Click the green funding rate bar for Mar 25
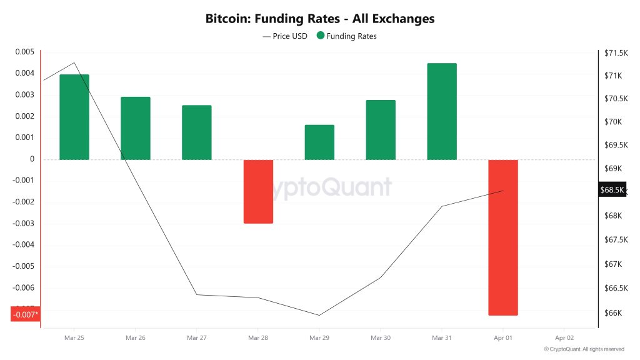coord(74,117)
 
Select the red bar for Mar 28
coord(258,191)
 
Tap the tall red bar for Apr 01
coord(503,237)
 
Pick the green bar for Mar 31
coord(442,111)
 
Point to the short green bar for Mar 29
coord(319,142)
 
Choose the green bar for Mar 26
coord(136,128)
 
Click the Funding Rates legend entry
coord(347,36)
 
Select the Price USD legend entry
coord(286,36)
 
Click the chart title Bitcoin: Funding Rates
coord(320,19)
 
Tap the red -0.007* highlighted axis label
coord(26,314)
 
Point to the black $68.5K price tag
coord(612,190)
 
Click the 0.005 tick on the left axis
coord(24,52)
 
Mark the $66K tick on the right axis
coord(613,313)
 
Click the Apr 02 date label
coord(564,337)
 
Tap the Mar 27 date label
coord(197,337)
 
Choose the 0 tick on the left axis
coord(32,159)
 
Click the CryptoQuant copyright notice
coord(584,349)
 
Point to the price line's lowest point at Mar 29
coord(319,315)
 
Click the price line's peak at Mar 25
coord(74,62)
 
